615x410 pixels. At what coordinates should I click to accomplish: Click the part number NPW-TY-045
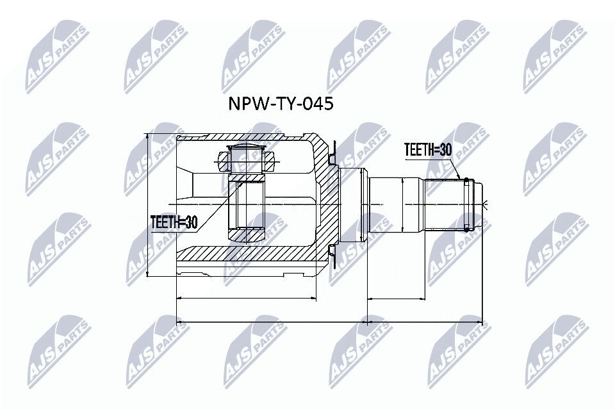(281, 104)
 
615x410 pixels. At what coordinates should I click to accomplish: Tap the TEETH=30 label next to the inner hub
(174, 222)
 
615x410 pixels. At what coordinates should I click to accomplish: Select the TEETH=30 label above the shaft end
(427, 150)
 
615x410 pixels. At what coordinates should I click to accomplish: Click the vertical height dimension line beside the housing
(148, 205)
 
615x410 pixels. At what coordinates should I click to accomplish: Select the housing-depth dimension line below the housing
(246, 298)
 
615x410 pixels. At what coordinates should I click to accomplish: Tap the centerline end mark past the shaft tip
(486, 205)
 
